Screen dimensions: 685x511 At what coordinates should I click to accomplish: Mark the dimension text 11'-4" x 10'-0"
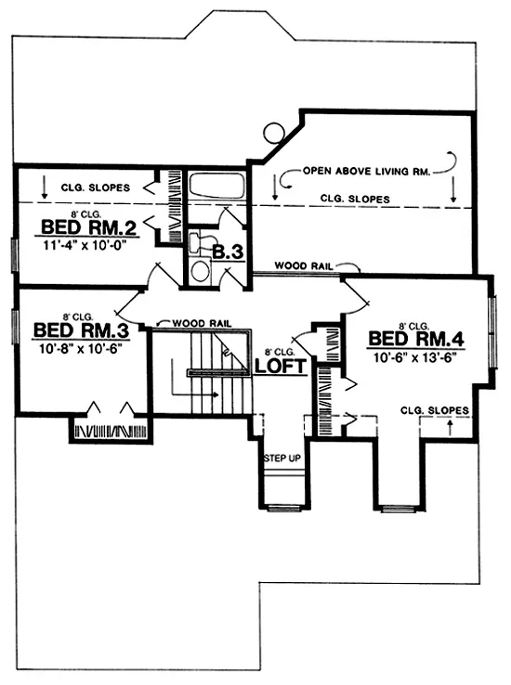pyautogui.click(x=83, y=247)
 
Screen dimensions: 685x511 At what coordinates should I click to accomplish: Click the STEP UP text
pyautogui.click(x=281, y=459)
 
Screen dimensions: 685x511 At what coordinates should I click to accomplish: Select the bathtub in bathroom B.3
pyautogui.click(x=217, y=186)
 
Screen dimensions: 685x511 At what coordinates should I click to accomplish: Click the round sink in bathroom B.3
pyautogui.click(x=200, y=271)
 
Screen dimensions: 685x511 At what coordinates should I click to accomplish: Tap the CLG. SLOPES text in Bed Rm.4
pyautogui.click(x=434, y=409)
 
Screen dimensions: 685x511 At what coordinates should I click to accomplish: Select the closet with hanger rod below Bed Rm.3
pyautogui.click(x=110, y=432)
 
